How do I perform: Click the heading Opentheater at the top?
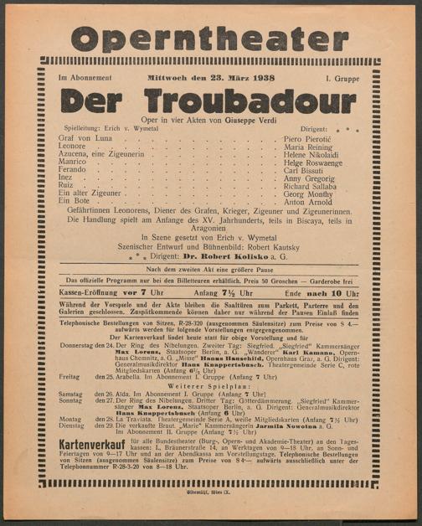coord(211,38)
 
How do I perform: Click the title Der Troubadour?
coord(211,98)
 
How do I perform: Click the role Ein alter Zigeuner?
coord(87,192)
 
